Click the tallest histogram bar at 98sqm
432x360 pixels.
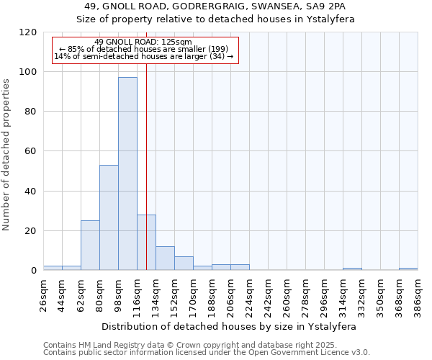[127, 174]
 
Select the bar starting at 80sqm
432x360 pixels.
[109, 217]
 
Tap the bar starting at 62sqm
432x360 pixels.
[90, 245]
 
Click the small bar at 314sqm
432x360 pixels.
[352, 269]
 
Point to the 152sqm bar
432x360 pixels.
[184, 264]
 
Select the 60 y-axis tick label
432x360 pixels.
[31, 151]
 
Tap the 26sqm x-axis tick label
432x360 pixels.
[43, 294]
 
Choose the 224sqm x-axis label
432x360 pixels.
[249, 294]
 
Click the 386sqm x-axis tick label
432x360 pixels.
[418, 294]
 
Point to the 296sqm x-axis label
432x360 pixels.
[324, 294]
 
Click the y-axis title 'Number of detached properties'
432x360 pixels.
[7, 154]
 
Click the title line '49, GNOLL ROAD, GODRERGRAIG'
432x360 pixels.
[215, 6]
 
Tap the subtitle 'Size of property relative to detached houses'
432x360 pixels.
[215, 19]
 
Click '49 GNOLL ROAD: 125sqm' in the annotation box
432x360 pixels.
[143, 42]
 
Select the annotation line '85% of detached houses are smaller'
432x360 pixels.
[143, 49]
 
